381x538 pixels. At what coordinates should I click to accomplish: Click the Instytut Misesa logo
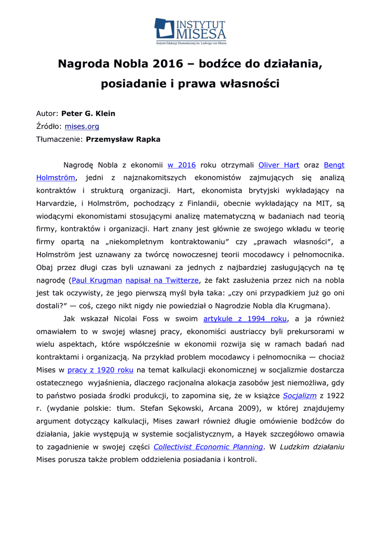pyautogui.click(x=190, y=31)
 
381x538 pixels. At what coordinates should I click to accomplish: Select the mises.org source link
pyautogui.click(x=82, y=126)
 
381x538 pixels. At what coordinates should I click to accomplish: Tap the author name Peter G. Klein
pyautogui.click(x=88, y=113)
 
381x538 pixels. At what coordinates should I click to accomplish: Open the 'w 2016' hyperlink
pyautogui.click(x=181, y=165)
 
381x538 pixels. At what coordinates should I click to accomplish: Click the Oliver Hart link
pyautogui.click(x=279, y=165)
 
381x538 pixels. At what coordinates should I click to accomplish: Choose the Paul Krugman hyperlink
pyautogui.click(x=97, y=280)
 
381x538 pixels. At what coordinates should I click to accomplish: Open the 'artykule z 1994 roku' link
pyautogui.click(x=245, y=318)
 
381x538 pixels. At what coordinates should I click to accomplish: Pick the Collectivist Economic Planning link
pyautogui.click(x=208, y=447)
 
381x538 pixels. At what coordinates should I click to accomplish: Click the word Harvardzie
pyautogui.click(x=57, y=203)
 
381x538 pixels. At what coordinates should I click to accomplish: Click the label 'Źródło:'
pyautogui.click(x=49, y=126)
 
